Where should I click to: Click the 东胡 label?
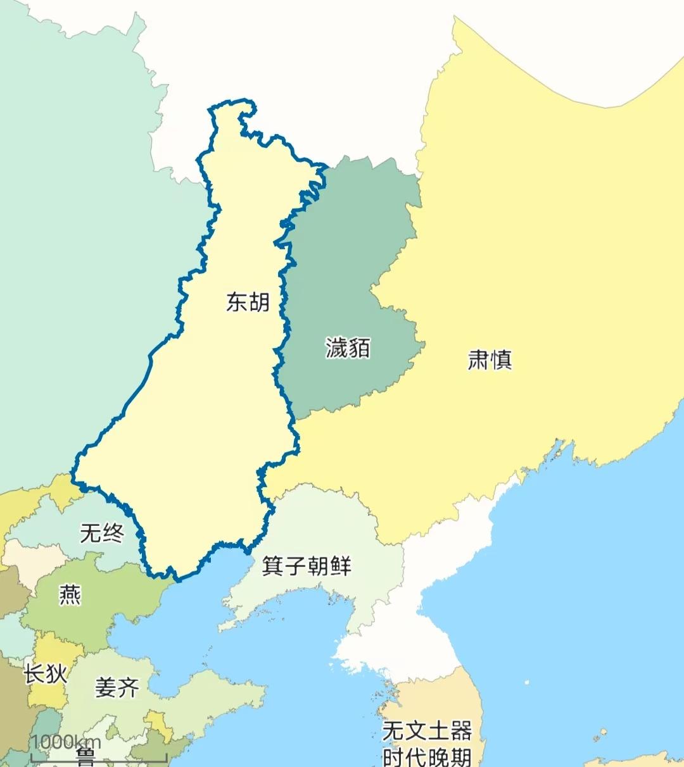click(248, 302)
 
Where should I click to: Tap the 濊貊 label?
click(348, 347)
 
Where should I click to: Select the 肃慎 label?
click(490, 359)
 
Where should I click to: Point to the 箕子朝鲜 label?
click(307, 565)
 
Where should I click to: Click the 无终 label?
click(102, 533)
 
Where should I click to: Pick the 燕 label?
click(70, 595)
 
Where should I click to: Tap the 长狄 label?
click(45, 673)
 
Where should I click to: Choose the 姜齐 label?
click(117, 687)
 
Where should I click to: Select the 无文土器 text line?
click(427, 731)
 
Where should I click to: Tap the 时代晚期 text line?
click(427, 756)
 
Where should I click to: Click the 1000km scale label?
click(66, 742)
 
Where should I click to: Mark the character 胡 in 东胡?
click(259, 302)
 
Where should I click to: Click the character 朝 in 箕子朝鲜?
click(317, 565)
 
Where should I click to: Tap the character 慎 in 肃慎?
click(501, 359)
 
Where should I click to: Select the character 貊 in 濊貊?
click(359, 347)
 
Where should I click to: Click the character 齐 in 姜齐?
click(129, 687)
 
